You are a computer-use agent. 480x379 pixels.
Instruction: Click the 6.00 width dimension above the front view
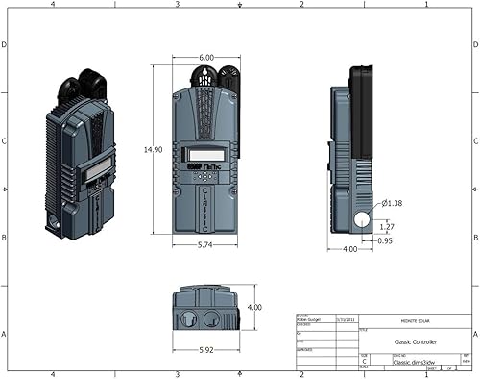pos(206,58)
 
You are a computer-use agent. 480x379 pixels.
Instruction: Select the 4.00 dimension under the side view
pos(351,248)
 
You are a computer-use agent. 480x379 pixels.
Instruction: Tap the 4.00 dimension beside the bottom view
pos(254,307)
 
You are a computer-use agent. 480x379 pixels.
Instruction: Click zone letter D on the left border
pos(6,45)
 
